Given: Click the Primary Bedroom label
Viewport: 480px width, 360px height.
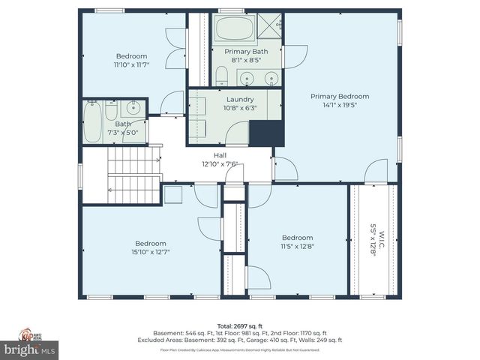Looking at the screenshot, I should (340, 96).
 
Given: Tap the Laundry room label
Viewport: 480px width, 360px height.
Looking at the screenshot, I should (235, 99).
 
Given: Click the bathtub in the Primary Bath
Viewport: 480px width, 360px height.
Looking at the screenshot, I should (235, 30).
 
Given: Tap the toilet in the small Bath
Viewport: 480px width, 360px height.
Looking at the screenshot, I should (111, 110).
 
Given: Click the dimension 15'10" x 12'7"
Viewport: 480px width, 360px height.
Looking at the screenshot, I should (151, 251).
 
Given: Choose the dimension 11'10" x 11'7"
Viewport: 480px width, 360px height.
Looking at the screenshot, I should (131, 64).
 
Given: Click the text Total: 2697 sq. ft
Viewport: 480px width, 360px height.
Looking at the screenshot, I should (240, 326).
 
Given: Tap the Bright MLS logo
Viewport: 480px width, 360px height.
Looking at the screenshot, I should (30, 349).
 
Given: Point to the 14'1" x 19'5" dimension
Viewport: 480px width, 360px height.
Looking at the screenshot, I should (340, 105).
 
